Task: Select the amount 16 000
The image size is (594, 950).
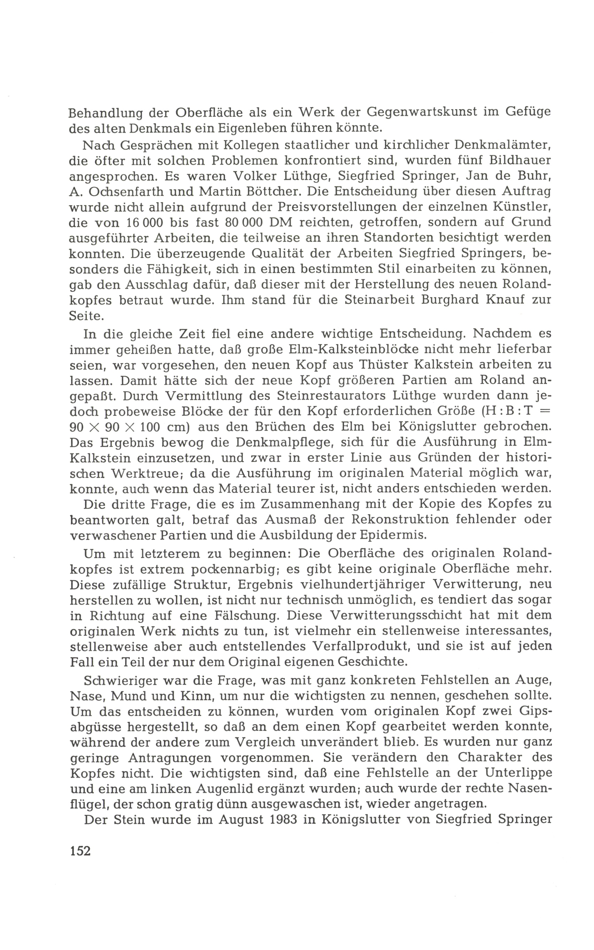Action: coord(145,223)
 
